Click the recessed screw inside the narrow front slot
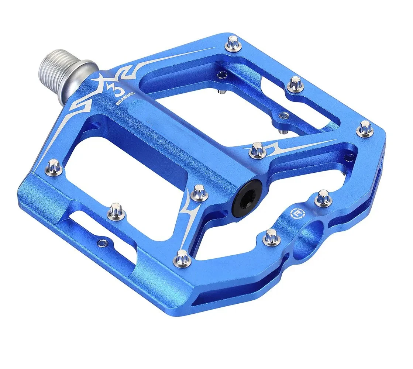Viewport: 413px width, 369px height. pos(101,242)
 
